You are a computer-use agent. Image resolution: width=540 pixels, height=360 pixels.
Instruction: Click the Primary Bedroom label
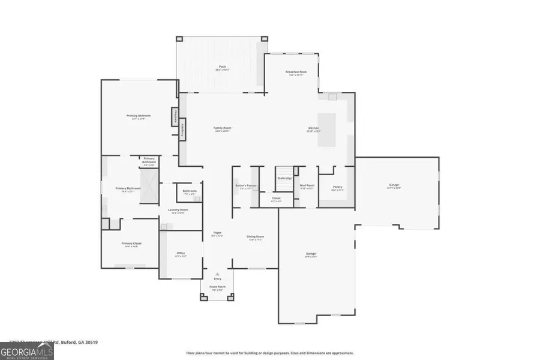[x=138, y=116]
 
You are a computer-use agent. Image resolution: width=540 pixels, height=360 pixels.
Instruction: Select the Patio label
[x=222, y=68]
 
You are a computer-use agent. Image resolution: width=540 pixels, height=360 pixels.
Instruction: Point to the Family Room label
[x=223, y=128]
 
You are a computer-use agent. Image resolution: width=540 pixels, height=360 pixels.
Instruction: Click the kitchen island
[x=328, y=129]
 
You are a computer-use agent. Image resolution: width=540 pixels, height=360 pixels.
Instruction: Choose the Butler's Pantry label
[x=245, y=187]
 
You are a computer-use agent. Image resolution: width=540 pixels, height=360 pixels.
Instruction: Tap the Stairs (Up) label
[x=284, y=178]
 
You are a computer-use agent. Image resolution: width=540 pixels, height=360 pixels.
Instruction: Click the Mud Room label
[x=307, y=187]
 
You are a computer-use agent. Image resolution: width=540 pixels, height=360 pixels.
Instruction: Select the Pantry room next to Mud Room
[x=337, y=188]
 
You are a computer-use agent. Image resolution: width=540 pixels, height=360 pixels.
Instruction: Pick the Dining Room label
[x=256, y=238]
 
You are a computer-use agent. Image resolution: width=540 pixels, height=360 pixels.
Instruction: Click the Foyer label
[x=217, y=234]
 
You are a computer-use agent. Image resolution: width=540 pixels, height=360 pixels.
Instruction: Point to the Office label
[x=181, y=254]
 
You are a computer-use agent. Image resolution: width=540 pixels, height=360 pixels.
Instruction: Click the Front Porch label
[x=217, y=288]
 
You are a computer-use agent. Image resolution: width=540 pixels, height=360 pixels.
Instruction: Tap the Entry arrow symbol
[x=217, y=274]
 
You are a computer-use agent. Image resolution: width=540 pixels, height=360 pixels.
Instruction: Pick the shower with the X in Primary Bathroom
[x=149, y=179]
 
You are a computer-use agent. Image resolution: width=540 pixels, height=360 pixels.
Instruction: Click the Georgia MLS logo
[x=19, y=350]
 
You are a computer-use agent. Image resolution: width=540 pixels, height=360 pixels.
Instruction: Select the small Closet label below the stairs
[x=276, y=199]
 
